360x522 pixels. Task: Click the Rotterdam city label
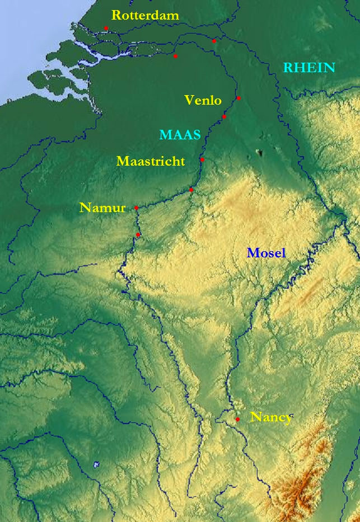click(x=146, y=16)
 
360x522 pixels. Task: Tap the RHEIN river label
click(x=309, y=68)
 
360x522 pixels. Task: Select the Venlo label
click(x=203, y=101)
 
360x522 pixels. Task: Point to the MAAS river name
click(x=180, y=135)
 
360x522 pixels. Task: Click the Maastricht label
click(x=151, y=162)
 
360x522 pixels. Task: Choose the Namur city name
click(x=102, y=208)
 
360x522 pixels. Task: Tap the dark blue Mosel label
click(x=267, y=253)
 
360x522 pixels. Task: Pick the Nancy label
click(x=271, y=417)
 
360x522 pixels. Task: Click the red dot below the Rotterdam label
click(x=106, y=28)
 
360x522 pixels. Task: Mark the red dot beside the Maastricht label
click(x=202, y=159)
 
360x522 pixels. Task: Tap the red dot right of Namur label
click(x=136, y=208)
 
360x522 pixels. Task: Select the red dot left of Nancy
click(x=237, y=419)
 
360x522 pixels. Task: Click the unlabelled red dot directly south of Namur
click(x=138, y=234)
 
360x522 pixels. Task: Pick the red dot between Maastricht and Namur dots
click(x=191, y=190)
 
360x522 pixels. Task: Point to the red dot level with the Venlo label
click(x=239, y=98)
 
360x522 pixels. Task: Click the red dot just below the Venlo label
click(x=224, y=117)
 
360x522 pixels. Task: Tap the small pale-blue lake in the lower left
click(x=96, y=464)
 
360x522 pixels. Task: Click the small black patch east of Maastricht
click(x=259, y=152)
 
